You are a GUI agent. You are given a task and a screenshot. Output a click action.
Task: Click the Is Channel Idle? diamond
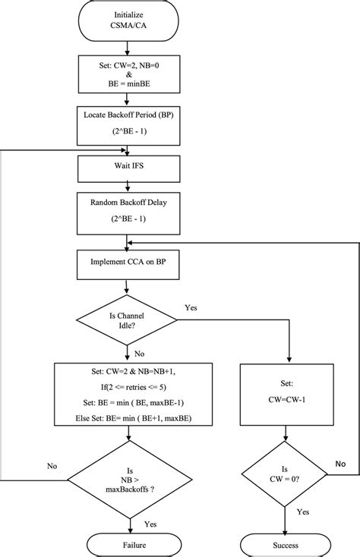pos(125,319)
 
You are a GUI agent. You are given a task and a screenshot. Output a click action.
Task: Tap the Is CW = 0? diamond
pos(286,474)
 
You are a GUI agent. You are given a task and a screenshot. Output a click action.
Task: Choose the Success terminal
pos(286,543)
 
